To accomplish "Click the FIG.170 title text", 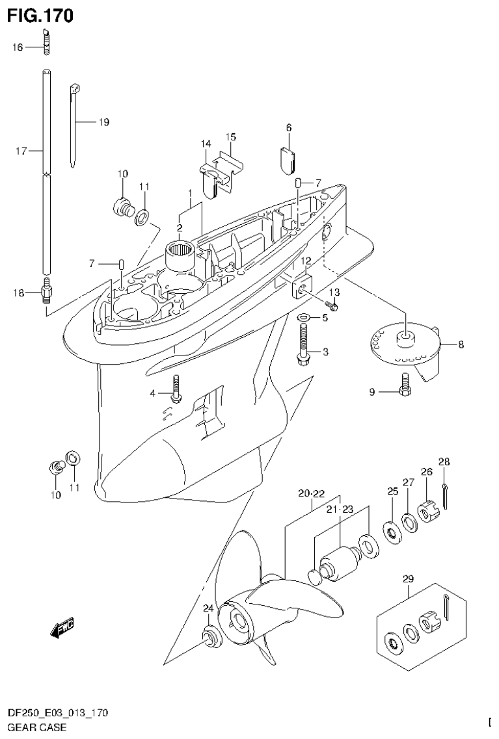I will (40, 15).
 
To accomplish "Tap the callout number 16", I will (17, 47).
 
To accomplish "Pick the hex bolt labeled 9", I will (405, 385).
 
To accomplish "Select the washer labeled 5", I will (303, 318).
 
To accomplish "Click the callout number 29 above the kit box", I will (408, 578).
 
